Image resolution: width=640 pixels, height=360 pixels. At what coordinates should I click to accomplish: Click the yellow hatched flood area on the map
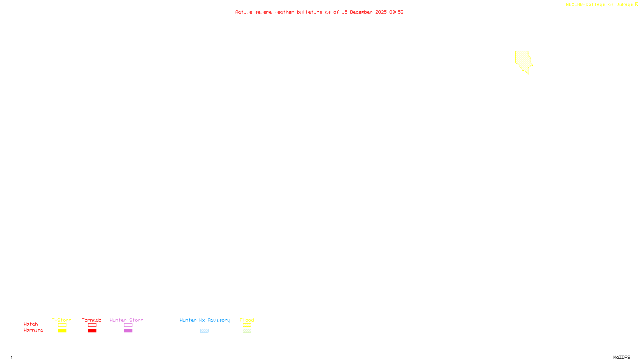[522, 60]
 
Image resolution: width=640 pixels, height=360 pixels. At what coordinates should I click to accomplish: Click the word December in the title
[361, 12]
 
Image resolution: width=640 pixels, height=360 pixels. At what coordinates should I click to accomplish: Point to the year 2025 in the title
[381, 12]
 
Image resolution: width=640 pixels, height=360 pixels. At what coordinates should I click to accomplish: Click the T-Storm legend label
[62, 320]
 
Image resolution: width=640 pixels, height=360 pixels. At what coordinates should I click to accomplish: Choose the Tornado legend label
[92, 320]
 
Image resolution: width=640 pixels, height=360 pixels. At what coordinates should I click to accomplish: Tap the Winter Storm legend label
[126, 320]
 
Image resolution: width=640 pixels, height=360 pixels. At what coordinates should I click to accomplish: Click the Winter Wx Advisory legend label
[205, 320]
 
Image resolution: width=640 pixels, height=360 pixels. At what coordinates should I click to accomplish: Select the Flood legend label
[247, 320]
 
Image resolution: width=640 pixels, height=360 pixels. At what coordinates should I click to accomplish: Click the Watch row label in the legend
[31, 324]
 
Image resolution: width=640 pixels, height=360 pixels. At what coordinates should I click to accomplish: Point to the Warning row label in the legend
[34, 330]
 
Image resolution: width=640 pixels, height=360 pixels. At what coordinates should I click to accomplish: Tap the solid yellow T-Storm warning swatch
[62, 331]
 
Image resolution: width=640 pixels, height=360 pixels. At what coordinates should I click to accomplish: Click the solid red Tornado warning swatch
[92, 331]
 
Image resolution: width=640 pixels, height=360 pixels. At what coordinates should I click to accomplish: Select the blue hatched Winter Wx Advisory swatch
[204, 331]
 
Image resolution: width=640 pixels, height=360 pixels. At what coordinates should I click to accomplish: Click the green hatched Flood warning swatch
[247, 331]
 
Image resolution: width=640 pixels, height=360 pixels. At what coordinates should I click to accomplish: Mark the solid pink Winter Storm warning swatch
[128, 331]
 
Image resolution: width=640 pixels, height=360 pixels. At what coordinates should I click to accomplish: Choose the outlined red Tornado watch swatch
[92, 325]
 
